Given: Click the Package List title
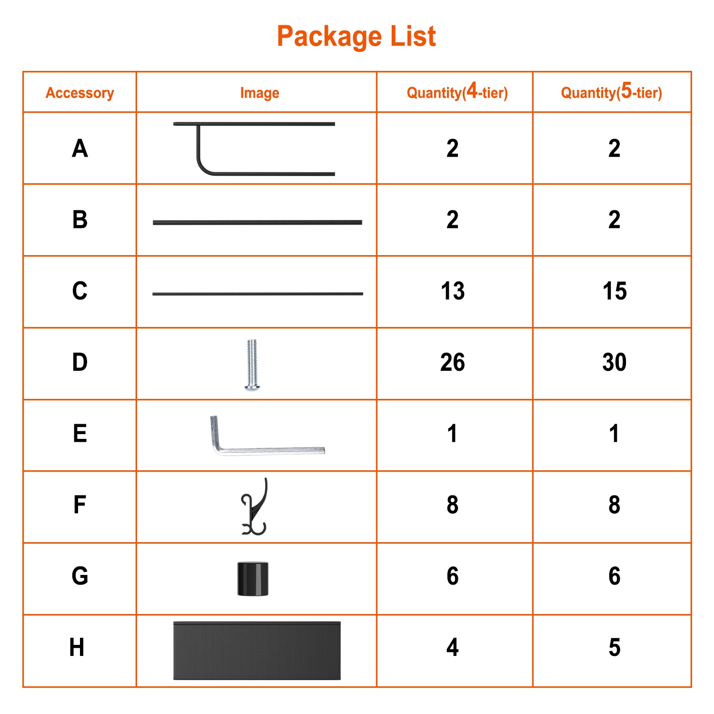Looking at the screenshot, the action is click(357, 36).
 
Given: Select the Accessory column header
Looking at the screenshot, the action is click(80, 93).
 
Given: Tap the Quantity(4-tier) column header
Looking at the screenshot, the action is click(457, 91).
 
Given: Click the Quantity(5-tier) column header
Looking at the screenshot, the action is click(612, 91).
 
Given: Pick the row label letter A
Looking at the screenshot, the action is click(80, 148).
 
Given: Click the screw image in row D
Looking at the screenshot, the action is click(252, 365).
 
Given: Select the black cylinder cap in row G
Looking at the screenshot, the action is click(253, 579).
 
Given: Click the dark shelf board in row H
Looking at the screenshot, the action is click(257, 651).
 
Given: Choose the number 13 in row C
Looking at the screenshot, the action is click(453, 291).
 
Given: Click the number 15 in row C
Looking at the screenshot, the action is click(615, 291).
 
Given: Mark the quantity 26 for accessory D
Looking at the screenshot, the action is click(453, 362).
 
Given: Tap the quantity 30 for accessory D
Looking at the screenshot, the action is click(615, 362).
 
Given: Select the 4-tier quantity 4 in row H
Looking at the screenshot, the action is click(453, 647).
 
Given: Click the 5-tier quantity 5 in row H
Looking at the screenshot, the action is click(615, 647).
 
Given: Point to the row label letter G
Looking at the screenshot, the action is click(80, 576).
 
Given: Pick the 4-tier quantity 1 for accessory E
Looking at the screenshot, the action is click(452, 434).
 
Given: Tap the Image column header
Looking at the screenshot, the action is click(259, 93).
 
